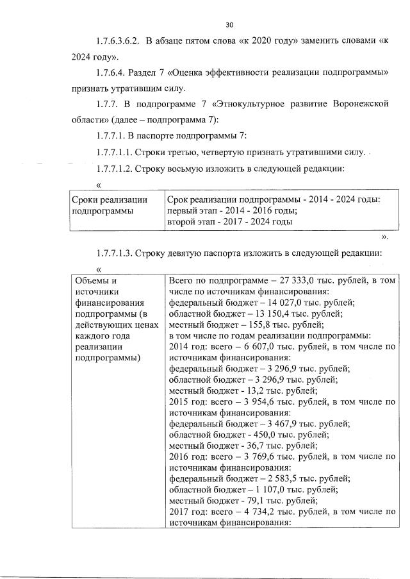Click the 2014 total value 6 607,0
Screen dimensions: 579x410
pos(247,346)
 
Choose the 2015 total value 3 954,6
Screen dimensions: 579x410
pos(247,401)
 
